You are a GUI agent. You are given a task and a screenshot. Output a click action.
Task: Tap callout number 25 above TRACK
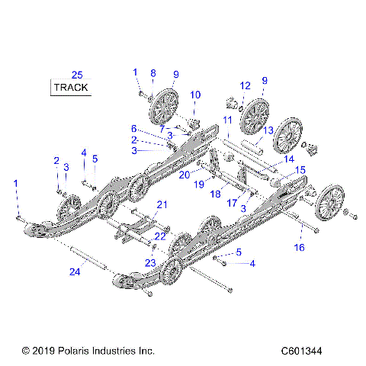pos(76,74)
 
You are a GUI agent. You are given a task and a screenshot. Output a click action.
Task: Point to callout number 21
pos(161,204)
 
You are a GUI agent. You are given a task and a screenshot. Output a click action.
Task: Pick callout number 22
pos(160,236)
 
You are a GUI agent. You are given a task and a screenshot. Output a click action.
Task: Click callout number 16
pos(300,248)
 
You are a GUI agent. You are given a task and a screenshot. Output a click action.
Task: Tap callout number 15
pos(301,170)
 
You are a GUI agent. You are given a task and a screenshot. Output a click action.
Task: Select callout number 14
pos(287,159)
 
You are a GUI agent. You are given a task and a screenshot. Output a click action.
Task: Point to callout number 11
pos(227,120)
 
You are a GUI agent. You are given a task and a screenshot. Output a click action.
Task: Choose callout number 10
pos(195,95)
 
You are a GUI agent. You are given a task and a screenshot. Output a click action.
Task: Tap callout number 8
pos(152,73)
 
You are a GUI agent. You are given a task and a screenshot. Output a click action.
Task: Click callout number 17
pos(231,203)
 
